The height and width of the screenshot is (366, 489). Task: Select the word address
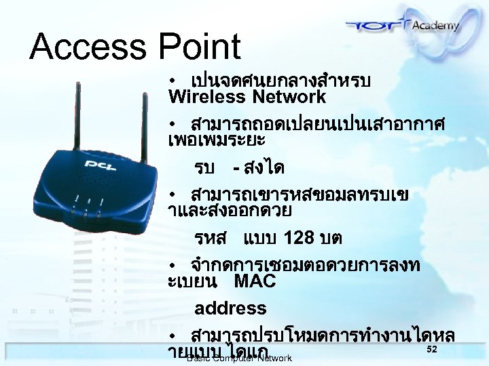point(230,308)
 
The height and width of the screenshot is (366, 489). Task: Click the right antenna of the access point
point(145,129)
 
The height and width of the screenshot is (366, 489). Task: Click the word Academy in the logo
point(434,26)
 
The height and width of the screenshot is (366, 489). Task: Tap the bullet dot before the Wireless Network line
point(174,81)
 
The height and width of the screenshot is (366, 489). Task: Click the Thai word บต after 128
point(333,238)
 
